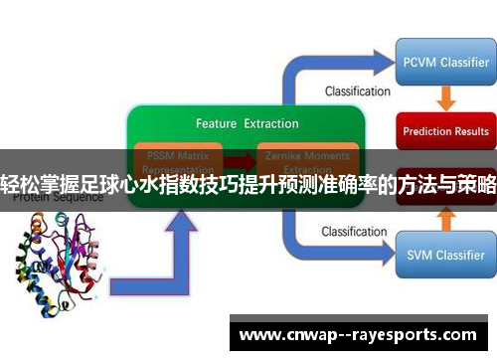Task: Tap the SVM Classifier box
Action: click(445, 255)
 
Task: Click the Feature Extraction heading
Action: click(247, 124)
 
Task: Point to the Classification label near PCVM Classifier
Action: click(357, 91)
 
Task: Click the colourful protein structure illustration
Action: click(61, 263)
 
